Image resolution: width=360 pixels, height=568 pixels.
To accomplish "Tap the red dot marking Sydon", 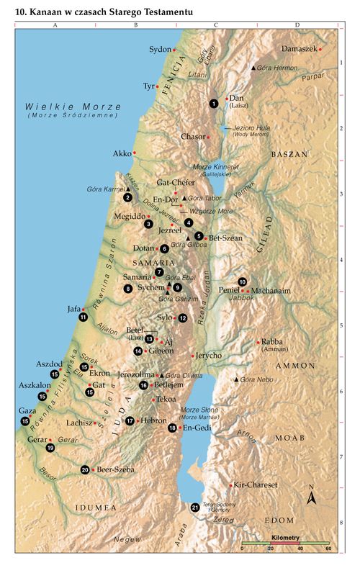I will (x=174, y=50).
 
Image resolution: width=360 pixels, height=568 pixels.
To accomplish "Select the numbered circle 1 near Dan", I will (x=214, y=104).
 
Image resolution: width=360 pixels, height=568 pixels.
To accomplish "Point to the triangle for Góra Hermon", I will (x=253, y=68).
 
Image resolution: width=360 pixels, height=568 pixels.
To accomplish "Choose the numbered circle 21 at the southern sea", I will (x=194, y=508).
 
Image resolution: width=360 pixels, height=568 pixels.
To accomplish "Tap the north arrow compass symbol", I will (x=311, y=496).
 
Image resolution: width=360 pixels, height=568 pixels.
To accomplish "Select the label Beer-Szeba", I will (x=115, y=469).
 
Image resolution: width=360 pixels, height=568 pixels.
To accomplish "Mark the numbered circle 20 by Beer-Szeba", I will (x=85, y=469).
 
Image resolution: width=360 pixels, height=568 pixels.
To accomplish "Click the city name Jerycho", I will (x=207, y=356).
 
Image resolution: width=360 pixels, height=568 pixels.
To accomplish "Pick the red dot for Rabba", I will (x=258, y=342).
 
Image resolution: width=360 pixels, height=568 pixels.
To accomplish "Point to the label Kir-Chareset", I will (x=256, y=485).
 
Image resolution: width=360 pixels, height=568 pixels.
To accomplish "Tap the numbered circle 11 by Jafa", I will (x=84, y=317).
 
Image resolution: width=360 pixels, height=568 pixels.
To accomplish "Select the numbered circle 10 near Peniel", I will (x=243, y=281).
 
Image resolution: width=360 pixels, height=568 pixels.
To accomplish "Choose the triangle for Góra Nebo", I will (x=235, y=379).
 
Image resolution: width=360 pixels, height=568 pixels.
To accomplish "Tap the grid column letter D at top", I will (x=298, y=24).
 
